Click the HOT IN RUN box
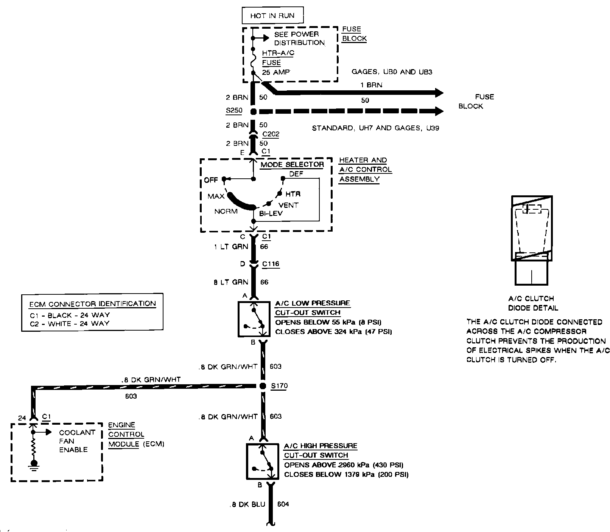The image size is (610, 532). pos(272,16)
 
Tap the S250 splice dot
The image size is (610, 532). pos(254,111)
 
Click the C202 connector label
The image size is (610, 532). pos(271,134)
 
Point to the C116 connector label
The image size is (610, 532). pos(271,264)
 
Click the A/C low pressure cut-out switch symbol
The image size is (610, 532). pos(254,319)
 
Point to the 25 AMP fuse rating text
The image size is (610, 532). pos(276,72)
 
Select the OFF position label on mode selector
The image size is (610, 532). pos(211,180)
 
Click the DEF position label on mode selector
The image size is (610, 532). pos(296,174)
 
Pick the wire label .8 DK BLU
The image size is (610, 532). pos(248,504)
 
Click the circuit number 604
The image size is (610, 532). pos(283,504)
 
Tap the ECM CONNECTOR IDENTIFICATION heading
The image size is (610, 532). pos(92,303)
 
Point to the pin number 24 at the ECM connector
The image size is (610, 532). pos(22,418)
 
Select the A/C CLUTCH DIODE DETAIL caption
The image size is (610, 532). pos(533,303)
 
